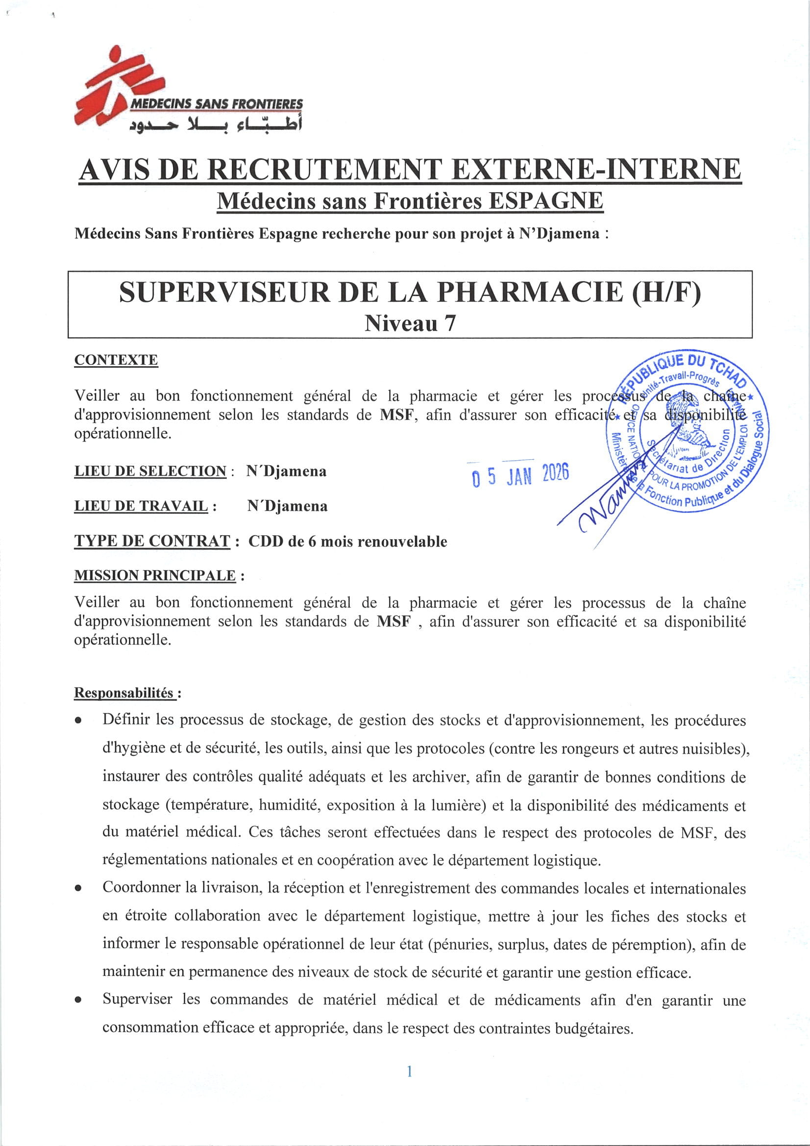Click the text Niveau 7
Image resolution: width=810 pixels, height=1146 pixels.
[410, 324]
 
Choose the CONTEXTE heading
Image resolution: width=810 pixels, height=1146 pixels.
[116, 360]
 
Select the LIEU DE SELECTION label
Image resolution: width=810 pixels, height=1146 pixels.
[150, 471]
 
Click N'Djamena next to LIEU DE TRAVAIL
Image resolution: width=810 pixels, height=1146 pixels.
[287, 506]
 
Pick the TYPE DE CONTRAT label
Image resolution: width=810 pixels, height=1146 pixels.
[152, 541]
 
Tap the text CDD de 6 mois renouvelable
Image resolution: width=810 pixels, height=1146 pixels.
[347, 542]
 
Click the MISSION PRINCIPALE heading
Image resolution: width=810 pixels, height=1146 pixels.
[155, 575]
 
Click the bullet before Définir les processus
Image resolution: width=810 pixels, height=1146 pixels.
[78, 721]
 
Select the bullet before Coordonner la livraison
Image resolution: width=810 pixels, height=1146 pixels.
[78, 889]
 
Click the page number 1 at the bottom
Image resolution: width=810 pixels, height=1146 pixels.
[409, 1071]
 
